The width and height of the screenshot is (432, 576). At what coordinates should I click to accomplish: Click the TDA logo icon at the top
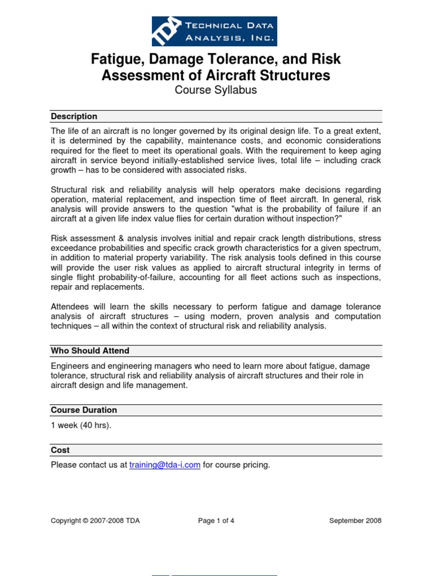[166, 31]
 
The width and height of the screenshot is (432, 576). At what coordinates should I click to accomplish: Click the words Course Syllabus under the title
[215, 90]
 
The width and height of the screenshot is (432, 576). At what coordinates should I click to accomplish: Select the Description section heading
[74, 116]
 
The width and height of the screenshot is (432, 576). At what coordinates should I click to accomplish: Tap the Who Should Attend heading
[90, 350]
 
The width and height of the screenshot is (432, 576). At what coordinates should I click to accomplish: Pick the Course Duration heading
[84, 410]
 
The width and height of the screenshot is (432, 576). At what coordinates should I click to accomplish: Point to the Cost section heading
[60, 450]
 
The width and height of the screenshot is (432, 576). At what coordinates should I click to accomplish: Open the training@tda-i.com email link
[165, 465]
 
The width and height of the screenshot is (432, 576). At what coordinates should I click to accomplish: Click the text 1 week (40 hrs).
[81, 425]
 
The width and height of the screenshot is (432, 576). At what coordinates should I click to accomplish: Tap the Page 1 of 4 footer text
[216, 521]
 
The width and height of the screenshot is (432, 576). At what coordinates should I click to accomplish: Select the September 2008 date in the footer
[355, 521]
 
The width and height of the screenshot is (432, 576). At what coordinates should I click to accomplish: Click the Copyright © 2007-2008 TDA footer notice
[95, 521]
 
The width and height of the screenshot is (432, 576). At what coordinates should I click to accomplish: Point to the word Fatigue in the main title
[116, 59]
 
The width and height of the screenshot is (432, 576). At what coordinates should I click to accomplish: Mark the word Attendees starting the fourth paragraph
[71, 307]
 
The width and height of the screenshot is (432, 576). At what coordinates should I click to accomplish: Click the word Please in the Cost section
[64, 465]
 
